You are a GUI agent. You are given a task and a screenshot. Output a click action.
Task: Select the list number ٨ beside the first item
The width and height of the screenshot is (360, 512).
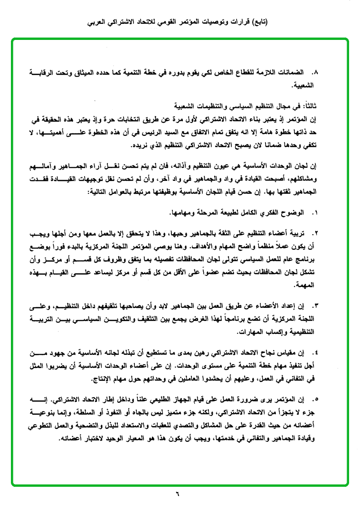314,74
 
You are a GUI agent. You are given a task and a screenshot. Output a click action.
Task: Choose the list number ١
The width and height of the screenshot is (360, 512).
314,210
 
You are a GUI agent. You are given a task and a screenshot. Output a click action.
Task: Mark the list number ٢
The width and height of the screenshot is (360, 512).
314,234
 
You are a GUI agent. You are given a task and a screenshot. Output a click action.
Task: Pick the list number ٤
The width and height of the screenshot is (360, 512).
314,354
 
